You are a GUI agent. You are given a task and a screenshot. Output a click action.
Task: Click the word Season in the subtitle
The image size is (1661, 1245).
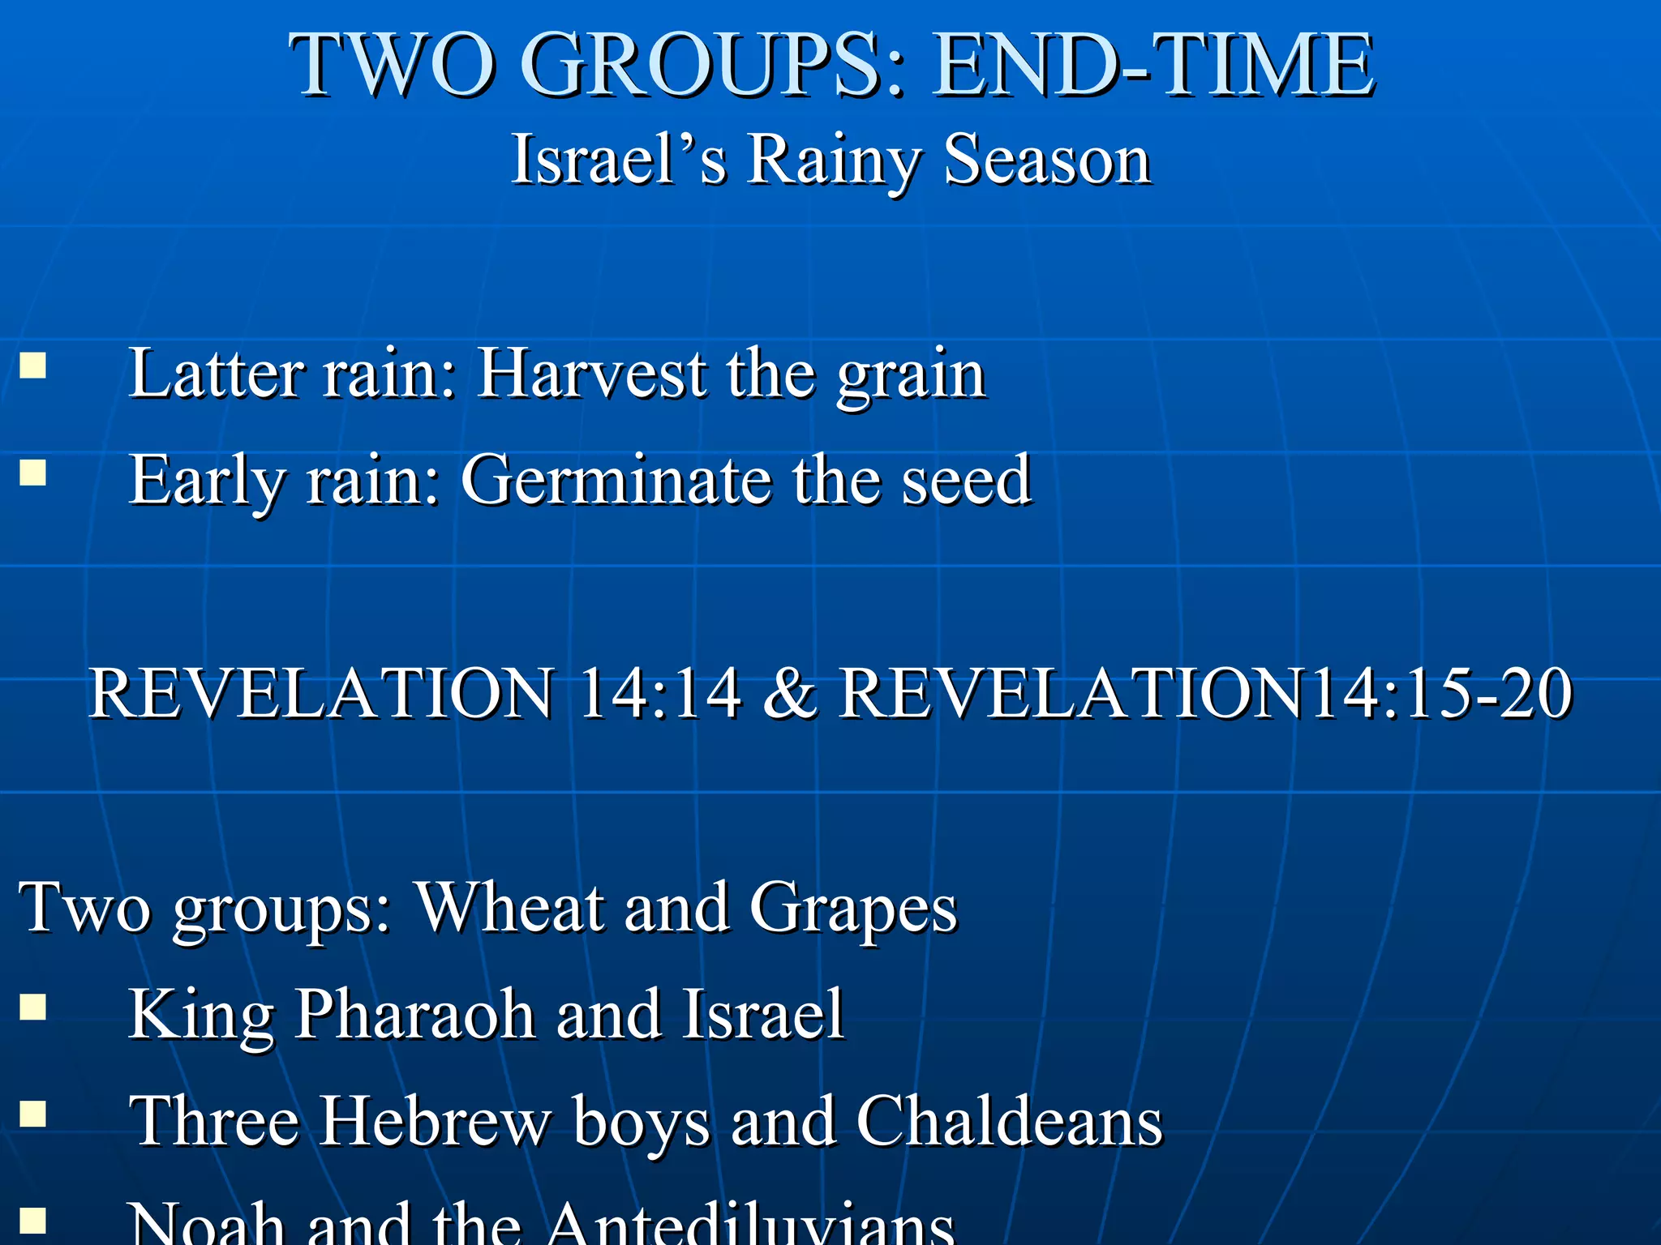[1047, 160]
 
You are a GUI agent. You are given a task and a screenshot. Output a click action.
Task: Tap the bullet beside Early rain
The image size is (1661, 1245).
[32, 472]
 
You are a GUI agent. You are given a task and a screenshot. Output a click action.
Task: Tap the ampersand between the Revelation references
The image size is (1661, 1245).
[790, 693]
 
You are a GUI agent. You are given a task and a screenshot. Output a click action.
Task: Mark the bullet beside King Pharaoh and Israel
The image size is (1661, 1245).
[32, 1008]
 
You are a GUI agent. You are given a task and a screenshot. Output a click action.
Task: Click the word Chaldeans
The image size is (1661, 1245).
[1010, 1121]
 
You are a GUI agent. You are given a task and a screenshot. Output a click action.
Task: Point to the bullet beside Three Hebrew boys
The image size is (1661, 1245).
[32, 1114]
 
